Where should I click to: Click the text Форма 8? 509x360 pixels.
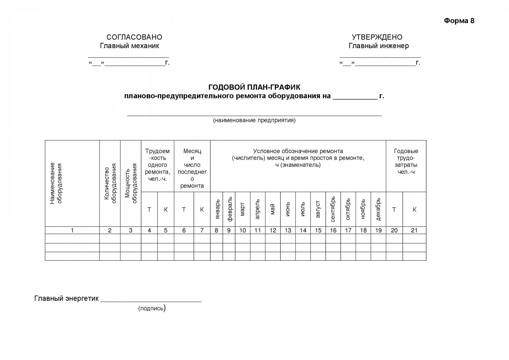(x=459, y=21)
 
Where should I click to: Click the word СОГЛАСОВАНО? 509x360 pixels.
(x=134, y=37)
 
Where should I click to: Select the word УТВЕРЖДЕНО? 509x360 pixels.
(x=377, y=37)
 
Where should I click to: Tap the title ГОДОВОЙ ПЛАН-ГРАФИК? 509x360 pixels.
(x=254, y=87)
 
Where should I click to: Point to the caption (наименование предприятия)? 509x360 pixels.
(x=254, y=120)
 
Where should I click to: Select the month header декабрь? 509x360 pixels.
(x=378, y=209)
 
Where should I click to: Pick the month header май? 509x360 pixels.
(x=273, y=209)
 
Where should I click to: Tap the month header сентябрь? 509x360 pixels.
(x=333, y=209)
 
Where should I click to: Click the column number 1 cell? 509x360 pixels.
(x=72, y=230)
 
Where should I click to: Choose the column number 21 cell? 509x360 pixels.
(x=414, y=230)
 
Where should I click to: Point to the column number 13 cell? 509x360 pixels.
(x=288, y=230)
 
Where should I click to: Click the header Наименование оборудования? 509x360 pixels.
(x=56, y=183)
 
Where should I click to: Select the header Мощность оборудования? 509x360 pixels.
(x=131, y=183)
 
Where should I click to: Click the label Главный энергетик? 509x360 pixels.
(x=66, y=299)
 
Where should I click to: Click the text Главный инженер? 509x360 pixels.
(x=379, y=46)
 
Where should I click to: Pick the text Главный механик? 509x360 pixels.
(x=129, y=46)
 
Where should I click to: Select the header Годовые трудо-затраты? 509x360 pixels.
(x=406, y=161)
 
